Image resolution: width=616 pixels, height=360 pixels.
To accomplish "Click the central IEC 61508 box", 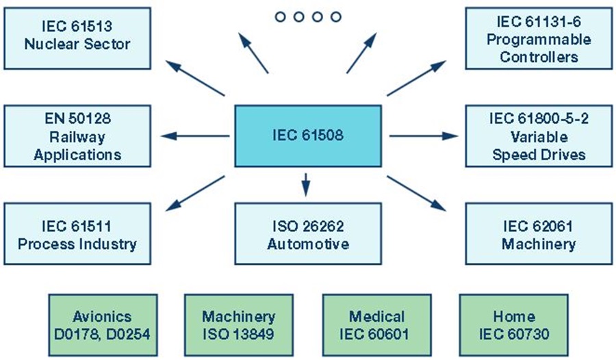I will tap(308, 136).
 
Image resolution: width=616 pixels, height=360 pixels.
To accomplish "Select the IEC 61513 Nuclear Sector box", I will tap(77, 38).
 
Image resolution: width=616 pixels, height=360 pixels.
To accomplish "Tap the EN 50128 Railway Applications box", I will tap(77, 136).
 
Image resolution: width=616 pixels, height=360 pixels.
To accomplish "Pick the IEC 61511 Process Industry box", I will tap(77, 235).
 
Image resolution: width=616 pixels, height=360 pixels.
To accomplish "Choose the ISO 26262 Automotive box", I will tap(308, 235).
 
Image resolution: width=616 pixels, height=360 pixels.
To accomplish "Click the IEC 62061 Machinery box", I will tap(539, 235).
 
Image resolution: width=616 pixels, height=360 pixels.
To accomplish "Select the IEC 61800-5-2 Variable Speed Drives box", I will tap(539, 136).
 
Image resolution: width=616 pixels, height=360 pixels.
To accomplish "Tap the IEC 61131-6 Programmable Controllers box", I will tap(539, 38).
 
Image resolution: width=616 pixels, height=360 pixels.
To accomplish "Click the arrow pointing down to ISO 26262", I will tap(306, 183).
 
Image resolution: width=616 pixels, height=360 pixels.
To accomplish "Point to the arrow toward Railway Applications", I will tap(195, 136).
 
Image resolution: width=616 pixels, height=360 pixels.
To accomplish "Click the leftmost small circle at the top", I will tap(281, 16).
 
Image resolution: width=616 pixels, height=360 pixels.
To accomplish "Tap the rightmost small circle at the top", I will tap(335, 16).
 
